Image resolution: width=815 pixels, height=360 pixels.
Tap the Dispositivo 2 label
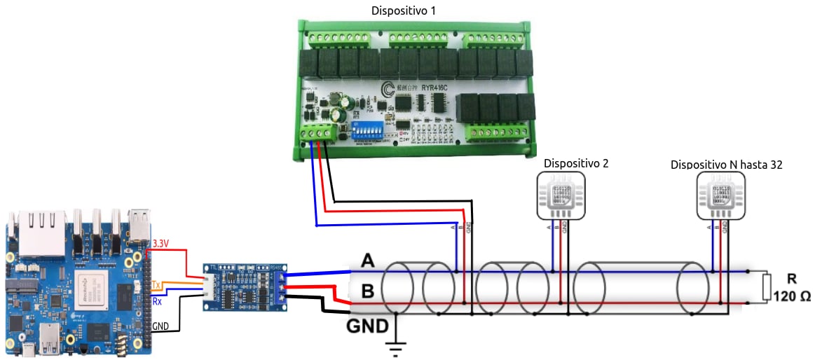[x=576, y=163]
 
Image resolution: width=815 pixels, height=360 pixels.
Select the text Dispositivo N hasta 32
[x=726, y=165]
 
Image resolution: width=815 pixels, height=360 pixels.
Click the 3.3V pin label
[x=160, y=244]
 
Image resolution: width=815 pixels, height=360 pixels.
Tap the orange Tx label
[x=156, y=285]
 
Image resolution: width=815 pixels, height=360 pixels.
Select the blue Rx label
[x=157, y=301]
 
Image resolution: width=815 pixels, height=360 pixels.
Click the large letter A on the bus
[x=367, y=261]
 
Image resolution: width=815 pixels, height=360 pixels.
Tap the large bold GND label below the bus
[x=368, y=326]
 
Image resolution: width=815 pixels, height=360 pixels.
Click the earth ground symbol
[x=397, y=346]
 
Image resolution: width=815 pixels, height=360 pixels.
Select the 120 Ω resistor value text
[x=792, y=296]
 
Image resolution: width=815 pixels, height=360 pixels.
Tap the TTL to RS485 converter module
[x=245, y=287]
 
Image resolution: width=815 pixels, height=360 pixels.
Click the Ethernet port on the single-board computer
[x=41, y=231]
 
